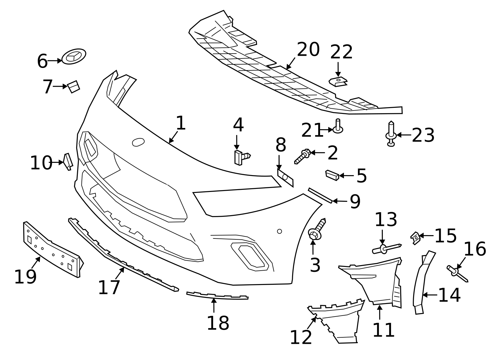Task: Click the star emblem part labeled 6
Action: (74, 56)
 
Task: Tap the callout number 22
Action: (341, 52)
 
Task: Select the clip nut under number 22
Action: (338, 82)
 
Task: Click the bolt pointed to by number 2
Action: (303, 156)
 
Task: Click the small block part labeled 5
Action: (332, 175)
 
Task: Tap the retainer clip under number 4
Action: (240, 157)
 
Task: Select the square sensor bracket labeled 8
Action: (285, 178)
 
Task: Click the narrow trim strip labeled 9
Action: (320, 196)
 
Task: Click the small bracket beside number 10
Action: (68, 161)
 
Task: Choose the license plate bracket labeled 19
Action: (52, 249)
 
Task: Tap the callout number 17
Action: (109, 288)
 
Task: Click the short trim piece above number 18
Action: (217, 295)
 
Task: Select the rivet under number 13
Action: (386, 249)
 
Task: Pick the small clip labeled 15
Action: (415, 238)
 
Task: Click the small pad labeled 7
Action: (73, 87)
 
